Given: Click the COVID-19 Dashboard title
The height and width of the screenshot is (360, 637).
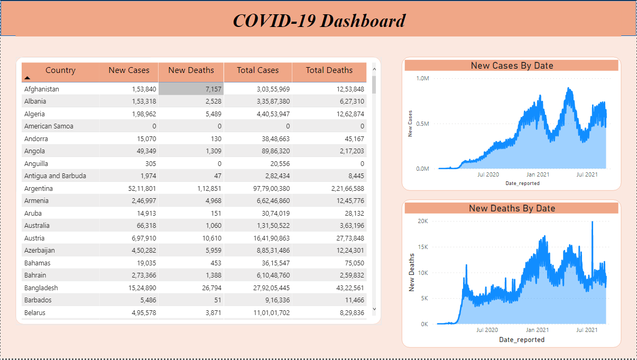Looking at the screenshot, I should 319,21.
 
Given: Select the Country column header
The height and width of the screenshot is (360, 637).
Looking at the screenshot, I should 60,70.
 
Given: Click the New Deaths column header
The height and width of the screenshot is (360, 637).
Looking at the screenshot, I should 191,70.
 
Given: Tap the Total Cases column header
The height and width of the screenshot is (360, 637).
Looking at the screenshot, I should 257,70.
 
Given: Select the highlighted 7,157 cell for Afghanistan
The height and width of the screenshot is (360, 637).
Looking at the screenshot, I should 191,89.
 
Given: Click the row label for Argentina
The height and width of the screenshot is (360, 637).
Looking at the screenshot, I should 39,188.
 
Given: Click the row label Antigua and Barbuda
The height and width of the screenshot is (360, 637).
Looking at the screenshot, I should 55,176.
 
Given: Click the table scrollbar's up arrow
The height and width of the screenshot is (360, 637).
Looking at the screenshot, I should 374,68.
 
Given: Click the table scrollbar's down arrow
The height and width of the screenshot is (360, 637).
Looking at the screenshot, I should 374,309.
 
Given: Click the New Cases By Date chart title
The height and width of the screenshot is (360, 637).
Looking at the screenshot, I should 511,66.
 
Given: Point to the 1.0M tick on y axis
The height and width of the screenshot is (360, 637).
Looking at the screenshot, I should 422,78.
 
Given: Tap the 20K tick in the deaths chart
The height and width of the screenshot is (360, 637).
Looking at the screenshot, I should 422,221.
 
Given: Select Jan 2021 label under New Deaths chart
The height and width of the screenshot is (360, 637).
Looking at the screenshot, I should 537,330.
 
